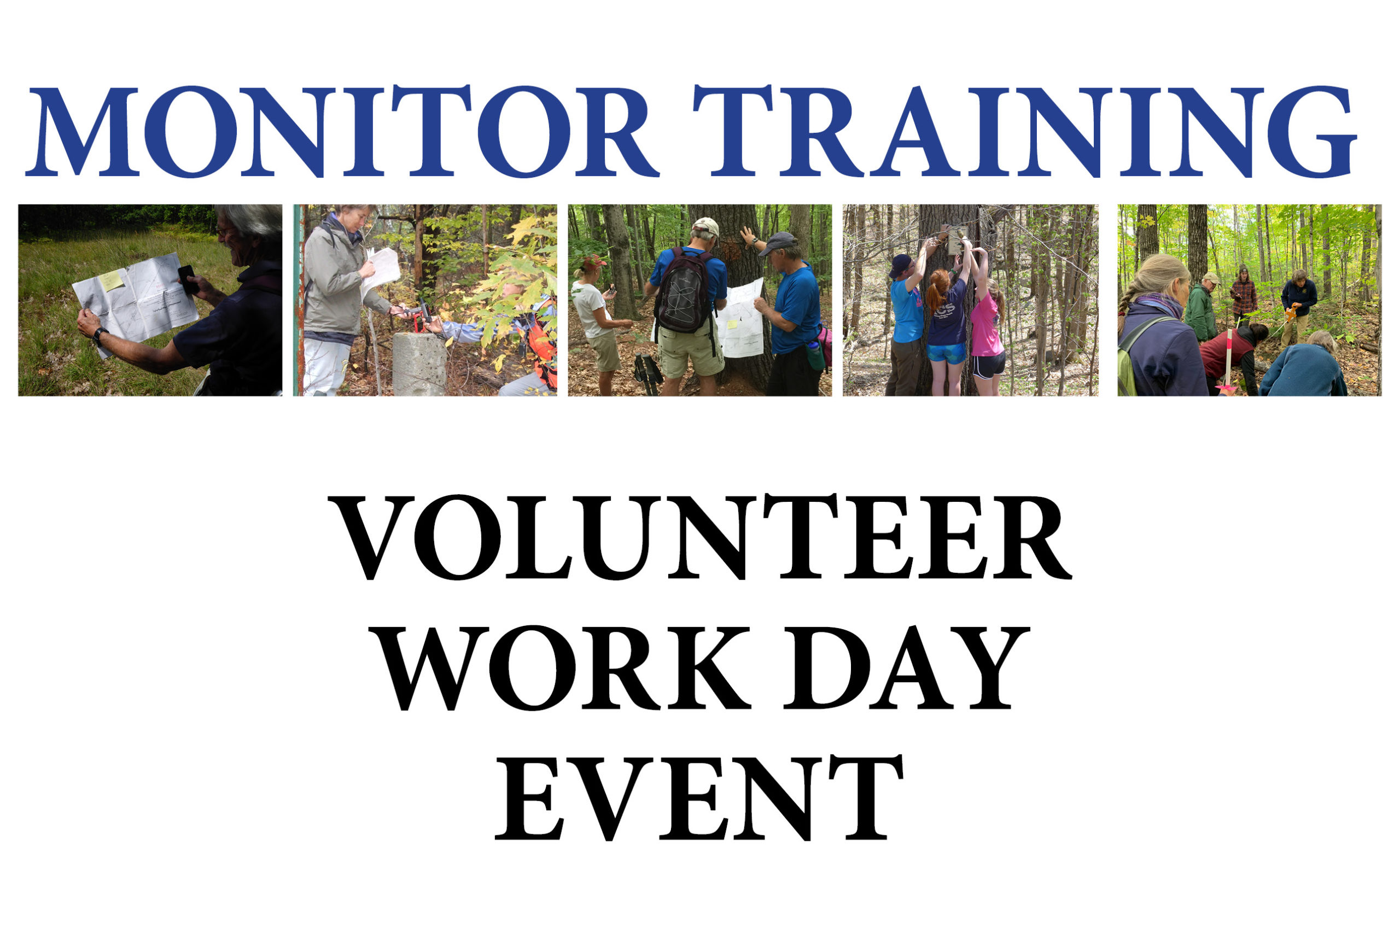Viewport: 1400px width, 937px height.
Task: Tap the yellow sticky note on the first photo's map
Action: pyautogui.click(x=111, y=280)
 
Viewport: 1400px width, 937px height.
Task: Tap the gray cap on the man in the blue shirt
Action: pyautogui.click(x=778, y=242)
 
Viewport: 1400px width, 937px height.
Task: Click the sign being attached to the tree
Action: pyautogui.click(x=956, y=241)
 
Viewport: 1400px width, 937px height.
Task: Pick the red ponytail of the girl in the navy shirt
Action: pyautogui.click(x=936, y=290)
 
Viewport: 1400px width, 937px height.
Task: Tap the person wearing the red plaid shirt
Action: pyautogui.click(x=1244, y=296)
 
